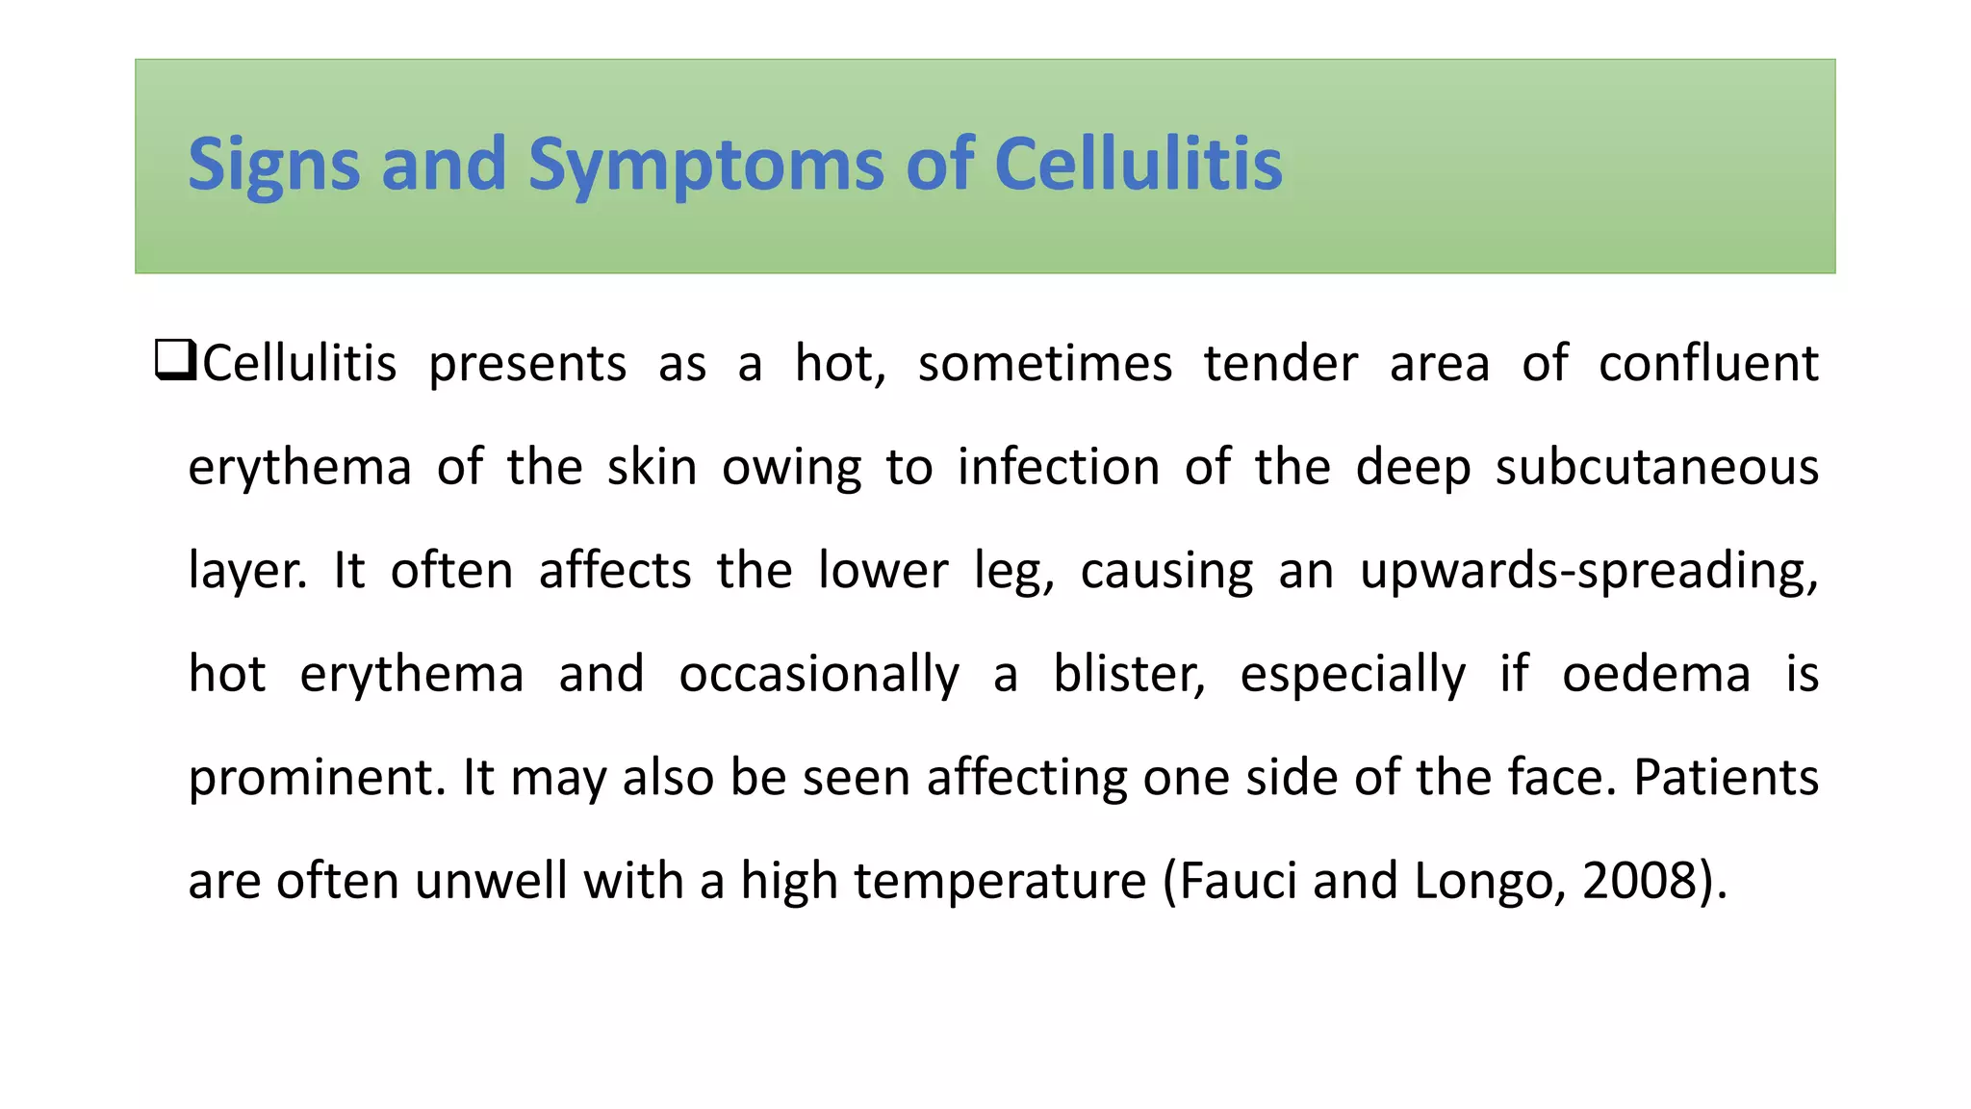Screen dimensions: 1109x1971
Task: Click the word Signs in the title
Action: (x=274, y=165)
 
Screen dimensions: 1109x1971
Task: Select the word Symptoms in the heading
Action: (x=705, y=165)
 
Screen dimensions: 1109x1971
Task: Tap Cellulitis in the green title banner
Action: (x=1138, y=165)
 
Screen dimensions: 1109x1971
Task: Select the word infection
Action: (x=1059, y=468)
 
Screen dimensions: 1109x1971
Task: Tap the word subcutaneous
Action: (x=1656, y=468)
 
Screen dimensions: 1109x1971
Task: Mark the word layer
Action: (x=246, y=571)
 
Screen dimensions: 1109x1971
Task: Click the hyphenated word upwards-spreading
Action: (x=1588, y=571)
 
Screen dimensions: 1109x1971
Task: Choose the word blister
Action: (x=1128, y=674)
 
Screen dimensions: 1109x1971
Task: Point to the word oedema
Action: (x=1655, y=674)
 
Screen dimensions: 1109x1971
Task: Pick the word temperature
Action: (x=1000, y=881)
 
